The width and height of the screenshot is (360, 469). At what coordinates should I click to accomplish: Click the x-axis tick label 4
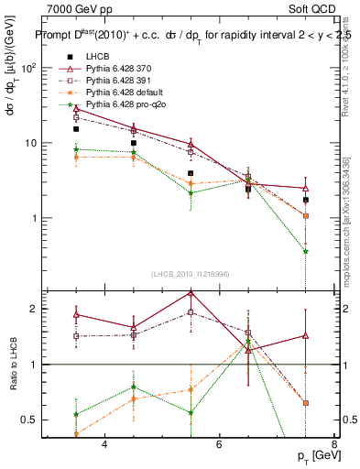coord(104,444)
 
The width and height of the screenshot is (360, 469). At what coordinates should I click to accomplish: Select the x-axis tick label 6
coord(219,444)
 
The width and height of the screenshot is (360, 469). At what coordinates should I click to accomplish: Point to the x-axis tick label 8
coord(333,444)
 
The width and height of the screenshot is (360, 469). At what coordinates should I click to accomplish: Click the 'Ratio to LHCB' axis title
coord(12,365)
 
